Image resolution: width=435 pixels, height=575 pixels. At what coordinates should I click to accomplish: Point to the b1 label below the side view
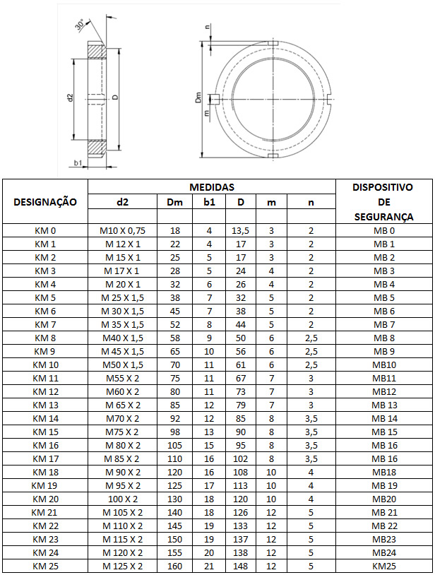78,163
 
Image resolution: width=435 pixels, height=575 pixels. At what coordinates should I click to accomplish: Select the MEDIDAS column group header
211,187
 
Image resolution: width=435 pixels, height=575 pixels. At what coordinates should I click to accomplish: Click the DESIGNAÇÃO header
45,202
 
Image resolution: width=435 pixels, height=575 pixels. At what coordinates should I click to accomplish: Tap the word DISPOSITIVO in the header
383,187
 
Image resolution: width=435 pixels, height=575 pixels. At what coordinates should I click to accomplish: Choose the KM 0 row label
44,231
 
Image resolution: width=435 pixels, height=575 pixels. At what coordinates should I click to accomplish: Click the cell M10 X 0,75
122,231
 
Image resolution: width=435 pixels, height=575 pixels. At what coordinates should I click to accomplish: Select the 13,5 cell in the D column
241,231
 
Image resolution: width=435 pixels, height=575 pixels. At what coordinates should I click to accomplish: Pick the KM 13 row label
44,405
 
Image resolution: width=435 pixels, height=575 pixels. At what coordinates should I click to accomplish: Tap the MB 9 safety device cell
383,351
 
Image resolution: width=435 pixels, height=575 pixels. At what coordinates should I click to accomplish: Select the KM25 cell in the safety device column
383,566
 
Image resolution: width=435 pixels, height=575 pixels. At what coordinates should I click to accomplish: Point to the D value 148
241,566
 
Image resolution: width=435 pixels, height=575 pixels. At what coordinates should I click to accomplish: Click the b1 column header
208,202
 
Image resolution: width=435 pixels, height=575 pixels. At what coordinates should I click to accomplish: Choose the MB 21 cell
383,512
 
